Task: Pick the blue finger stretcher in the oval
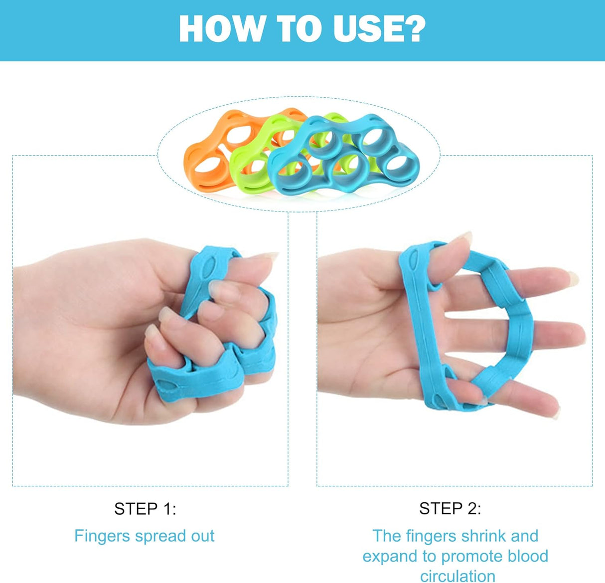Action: coord(344,160)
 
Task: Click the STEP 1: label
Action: coord(145,509)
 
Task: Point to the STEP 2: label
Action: coord(450,509)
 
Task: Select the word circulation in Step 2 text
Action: coord(457,576)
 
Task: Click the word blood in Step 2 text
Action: coord(525,556)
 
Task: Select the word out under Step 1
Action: coord(203,537)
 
